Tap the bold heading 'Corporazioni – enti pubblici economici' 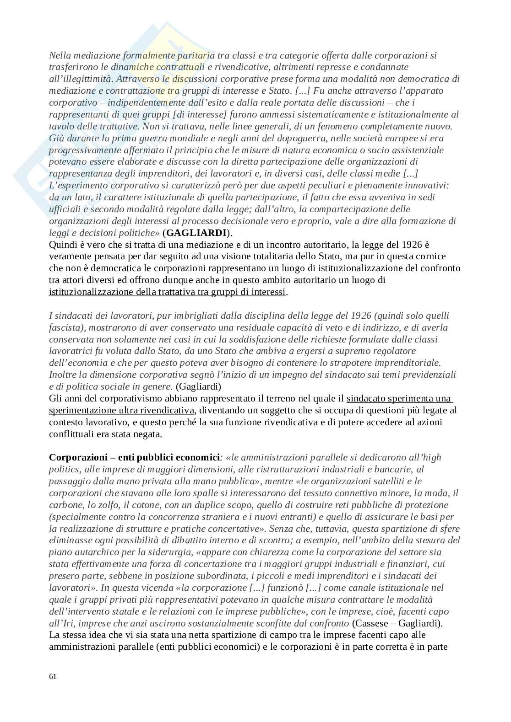134,457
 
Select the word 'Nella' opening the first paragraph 60,55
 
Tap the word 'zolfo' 103,505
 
